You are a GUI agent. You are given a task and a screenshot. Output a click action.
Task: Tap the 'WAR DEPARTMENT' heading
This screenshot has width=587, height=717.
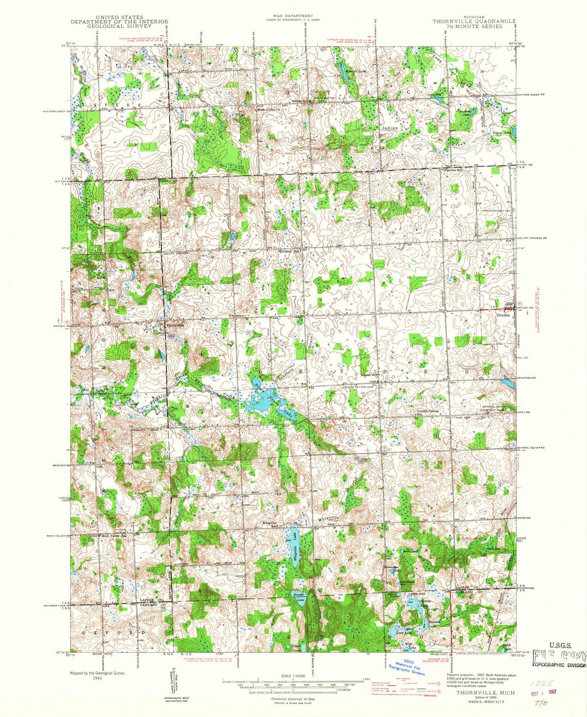[x=295, y=16]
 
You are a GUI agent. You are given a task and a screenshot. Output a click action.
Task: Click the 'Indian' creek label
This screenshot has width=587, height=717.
[x=390, y=128]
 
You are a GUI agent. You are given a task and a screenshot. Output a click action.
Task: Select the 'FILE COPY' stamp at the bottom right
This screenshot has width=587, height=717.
[x=558, y=655]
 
